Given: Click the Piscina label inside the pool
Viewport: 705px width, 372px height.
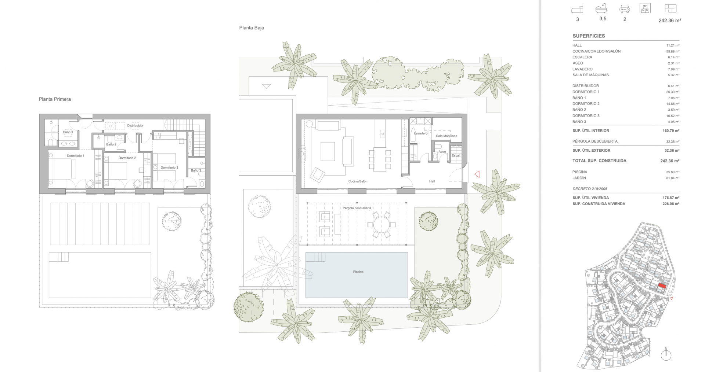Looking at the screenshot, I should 358,272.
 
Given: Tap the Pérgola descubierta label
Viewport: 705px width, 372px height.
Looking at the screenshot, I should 357,208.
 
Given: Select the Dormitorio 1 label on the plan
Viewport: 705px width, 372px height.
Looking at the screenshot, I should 76,156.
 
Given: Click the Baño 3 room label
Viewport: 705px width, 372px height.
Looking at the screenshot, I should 196,170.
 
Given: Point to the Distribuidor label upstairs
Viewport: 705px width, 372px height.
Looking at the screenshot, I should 135,126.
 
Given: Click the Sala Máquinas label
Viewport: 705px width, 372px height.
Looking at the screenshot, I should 446,136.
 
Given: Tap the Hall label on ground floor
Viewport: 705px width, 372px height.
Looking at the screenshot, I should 432,181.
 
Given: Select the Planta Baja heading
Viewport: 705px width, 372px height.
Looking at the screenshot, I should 252,28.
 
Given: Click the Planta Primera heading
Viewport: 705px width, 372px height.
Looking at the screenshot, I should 55,99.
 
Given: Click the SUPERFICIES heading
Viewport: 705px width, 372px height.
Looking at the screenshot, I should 589,36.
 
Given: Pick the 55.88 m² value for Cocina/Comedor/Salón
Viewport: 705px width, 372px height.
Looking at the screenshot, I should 673,52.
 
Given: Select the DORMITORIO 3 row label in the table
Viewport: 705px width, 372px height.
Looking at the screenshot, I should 586,116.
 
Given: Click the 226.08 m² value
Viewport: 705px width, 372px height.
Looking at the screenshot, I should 670,204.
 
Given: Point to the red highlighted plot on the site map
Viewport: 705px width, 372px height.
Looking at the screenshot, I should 662,287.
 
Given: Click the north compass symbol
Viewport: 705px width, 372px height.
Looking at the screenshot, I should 666,354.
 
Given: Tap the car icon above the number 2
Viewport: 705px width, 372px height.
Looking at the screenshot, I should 625,9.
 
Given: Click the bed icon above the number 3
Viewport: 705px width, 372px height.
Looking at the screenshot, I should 577,9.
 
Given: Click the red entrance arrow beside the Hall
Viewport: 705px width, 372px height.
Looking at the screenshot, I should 477,174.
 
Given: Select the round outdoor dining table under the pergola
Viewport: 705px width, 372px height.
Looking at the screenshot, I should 382,225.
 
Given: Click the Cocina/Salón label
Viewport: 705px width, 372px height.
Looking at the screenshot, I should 358,181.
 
